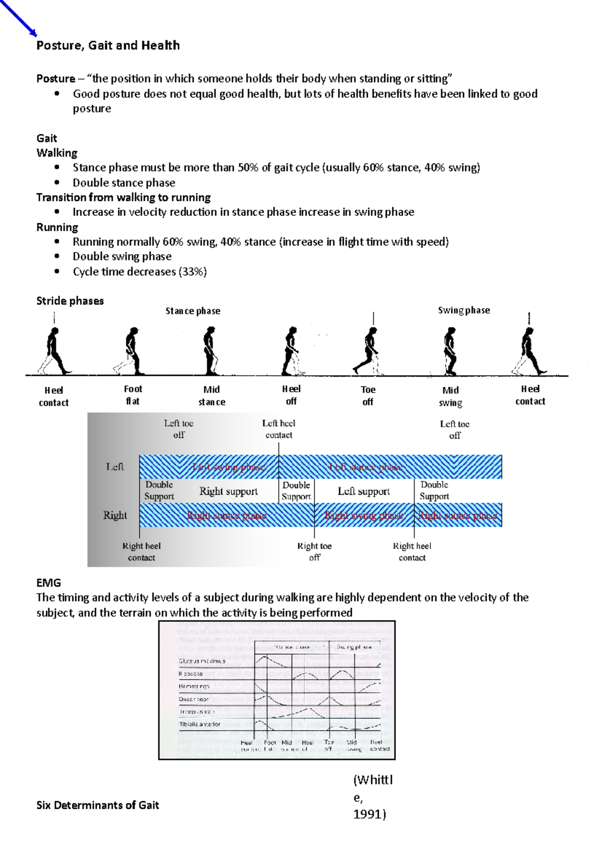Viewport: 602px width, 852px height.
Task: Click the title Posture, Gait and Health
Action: pos(108,46)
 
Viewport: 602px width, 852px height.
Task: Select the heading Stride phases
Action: pos(70,301)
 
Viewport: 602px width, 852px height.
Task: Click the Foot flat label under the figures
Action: pos(133,395)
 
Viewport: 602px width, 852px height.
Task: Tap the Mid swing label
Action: pos(450,396)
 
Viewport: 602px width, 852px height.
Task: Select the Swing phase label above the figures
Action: pos(464,310)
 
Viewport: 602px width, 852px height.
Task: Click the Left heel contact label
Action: pos(278,429)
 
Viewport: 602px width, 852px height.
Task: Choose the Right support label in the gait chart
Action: pos(228,491)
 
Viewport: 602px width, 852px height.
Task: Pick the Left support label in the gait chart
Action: pos(363,491)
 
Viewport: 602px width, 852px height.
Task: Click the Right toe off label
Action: pos(314,551)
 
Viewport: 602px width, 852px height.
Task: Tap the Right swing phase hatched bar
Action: pos(364,515)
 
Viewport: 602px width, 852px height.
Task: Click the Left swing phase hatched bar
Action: pos(228,467)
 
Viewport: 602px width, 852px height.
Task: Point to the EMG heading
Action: pos(49,583)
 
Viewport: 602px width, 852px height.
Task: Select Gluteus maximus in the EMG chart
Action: pos(202,661)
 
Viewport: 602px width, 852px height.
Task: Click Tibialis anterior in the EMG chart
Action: pos(200,724)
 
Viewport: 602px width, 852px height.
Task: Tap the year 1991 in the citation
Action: pos(369,814)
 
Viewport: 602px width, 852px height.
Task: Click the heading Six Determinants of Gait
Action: pos(97,805)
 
